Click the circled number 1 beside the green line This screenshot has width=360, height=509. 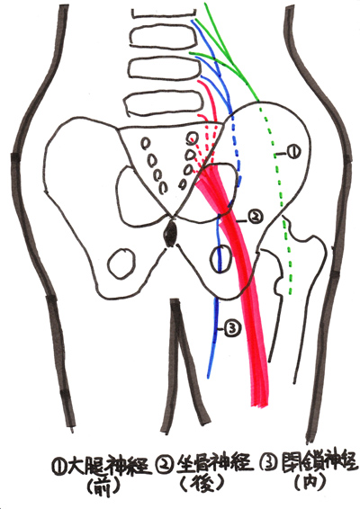click(x=292, y=152)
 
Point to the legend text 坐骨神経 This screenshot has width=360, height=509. click(x=214, y=465)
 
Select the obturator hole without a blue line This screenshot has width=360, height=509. click(x=121, y=263)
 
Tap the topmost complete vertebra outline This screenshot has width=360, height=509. click(x=164, y=38)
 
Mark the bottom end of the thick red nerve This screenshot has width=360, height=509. click(x=261, y=405)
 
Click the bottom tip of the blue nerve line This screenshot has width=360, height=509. click(x=208, y=377)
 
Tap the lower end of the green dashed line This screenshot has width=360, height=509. click(x=291, y=293)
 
